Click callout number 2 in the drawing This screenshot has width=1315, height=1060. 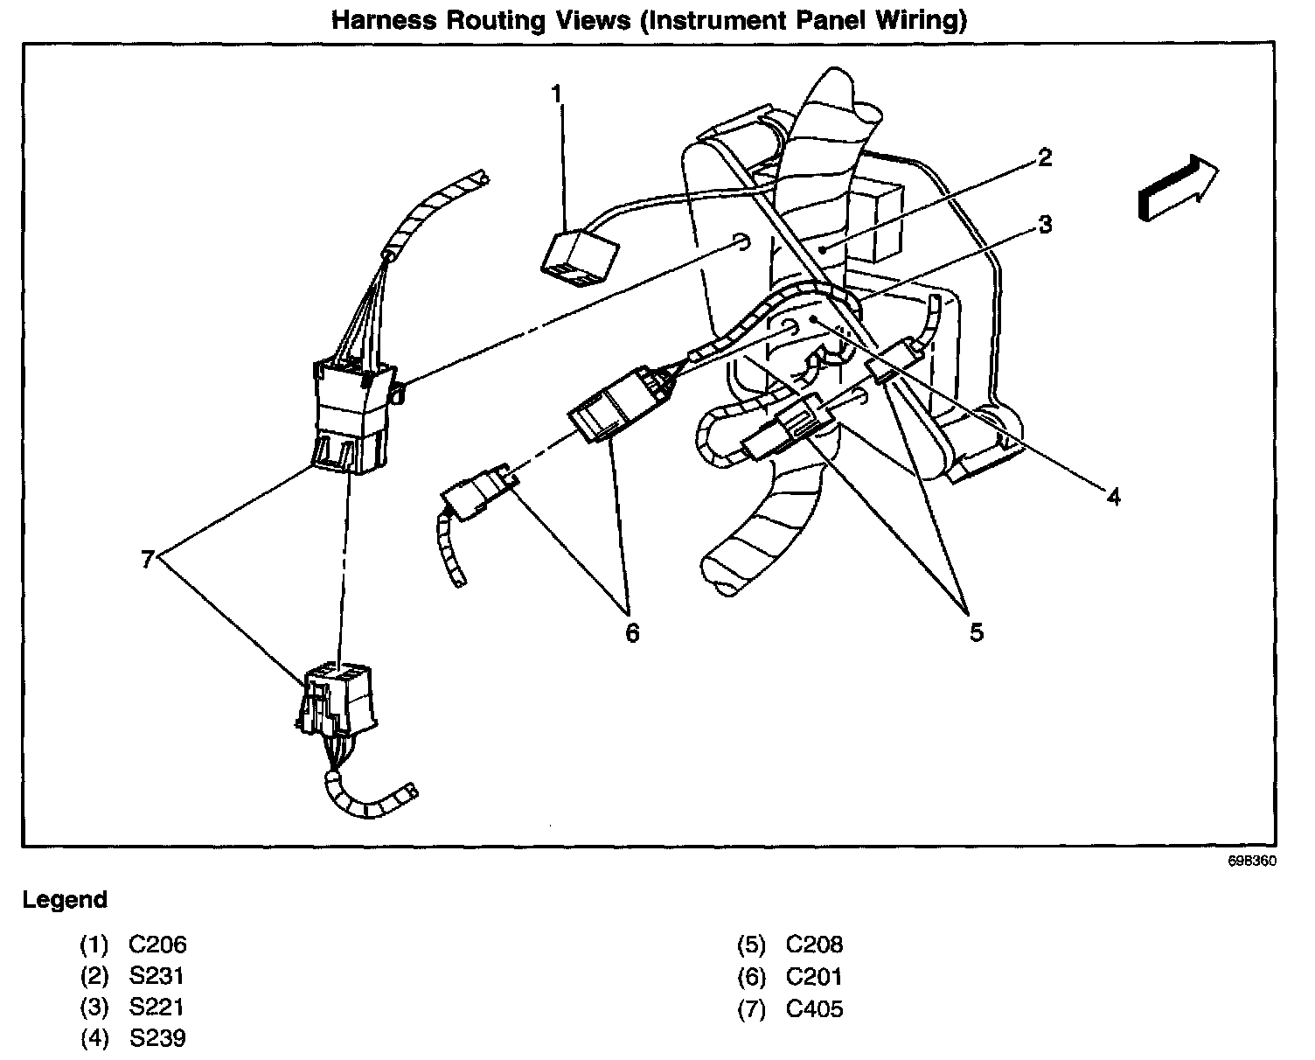(1044, 158)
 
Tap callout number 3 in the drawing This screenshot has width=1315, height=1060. (1044, 226)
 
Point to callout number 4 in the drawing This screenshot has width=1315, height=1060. (1112, 497)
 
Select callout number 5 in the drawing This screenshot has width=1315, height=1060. (976, 631)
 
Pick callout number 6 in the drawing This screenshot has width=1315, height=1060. (632, 631)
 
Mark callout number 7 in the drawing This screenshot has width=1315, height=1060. (148, 557)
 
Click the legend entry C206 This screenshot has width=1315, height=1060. (157, 945)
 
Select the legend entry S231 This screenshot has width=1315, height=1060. (157, 976)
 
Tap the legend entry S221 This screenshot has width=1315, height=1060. (157, 1007)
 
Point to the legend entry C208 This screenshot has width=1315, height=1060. (814, 945)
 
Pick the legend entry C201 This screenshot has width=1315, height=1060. (814, 976)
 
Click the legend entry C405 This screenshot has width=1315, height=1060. (814, 1008)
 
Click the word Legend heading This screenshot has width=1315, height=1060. (65, 899)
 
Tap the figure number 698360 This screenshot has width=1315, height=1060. (1253, 861)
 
